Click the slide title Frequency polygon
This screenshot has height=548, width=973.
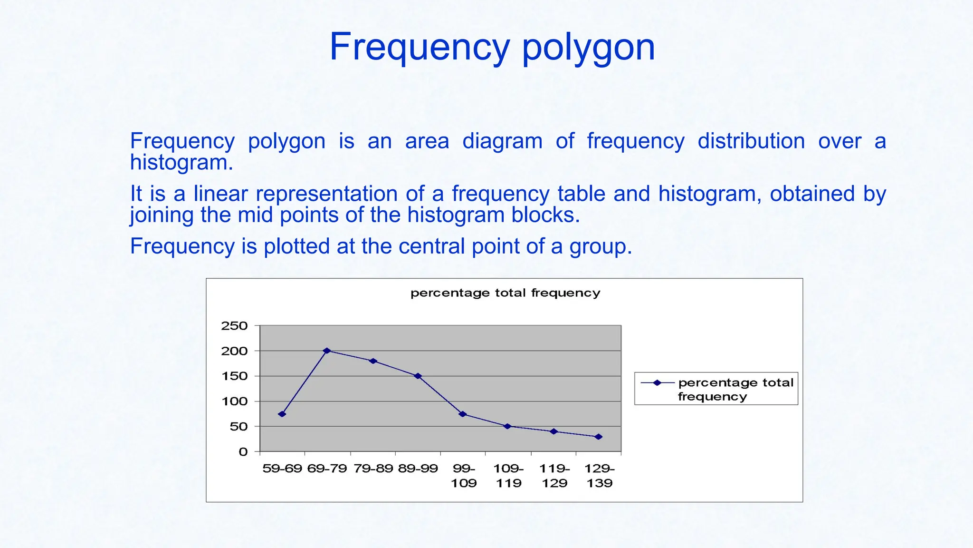pos(492,47)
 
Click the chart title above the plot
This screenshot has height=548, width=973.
pos(505,293)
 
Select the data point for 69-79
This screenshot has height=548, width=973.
pos(327,351)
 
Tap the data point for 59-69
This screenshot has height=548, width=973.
pos(282,414)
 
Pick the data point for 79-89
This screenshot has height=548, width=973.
pos(373,361)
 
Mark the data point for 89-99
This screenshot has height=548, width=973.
pos(418,376)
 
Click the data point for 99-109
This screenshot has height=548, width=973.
pos(463,414)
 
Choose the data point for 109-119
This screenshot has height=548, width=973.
pos(507,426)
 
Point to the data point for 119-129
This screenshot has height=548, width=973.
pos(553,431)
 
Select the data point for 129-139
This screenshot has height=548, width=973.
pos(599,437)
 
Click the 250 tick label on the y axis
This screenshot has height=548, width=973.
pos(234,326)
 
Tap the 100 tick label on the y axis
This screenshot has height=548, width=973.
pos(234,401)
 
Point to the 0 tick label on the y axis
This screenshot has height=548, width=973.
pos(243,452)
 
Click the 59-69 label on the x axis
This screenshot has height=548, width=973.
pos(282,469)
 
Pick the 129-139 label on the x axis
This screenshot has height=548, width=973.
pos(600,476)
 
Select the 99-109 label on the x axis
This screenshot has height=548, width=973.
pos(463,476)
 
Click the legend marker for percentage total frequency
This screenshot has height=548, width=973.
pos(658,382)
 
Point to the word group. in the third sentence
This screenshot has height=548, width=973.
pos(601,247)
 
